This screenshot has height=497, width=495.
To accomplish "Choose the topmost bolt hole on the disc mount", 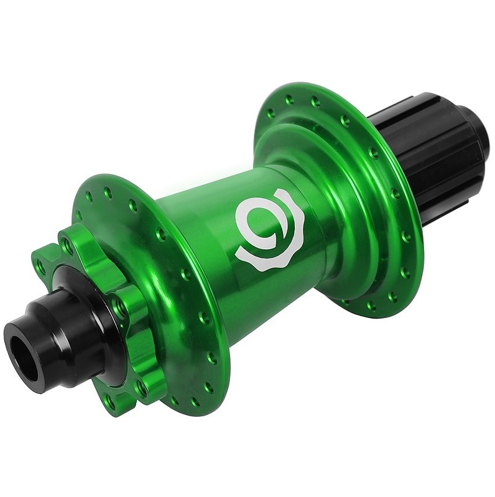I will pos(67,246).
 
